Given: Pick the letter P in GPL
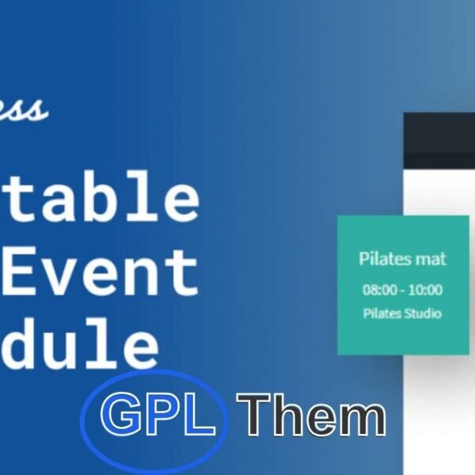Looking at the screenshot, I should [162, 414].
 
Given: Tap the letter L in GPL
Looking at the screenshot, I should [199, 414].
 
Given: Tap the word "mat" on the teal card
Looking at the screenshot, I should [431, 259].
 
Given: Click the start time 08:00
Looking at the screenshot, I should [380, 290].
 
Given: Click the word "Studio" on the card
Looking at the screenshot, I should [424, 313].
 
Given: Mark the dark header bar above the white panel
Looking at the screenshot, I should [439, 140].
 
